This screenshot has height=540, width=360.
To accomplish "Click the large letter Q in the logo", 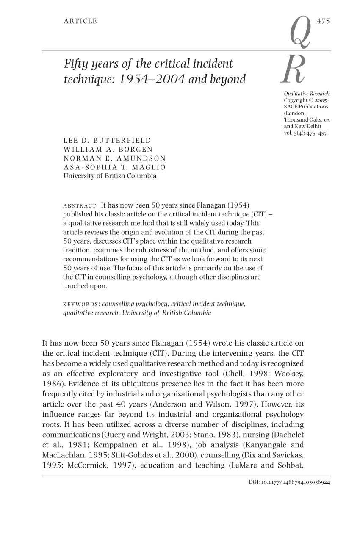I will pos(300,31).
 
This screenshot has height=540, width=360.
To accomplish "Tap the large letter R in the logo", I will pos(292,70).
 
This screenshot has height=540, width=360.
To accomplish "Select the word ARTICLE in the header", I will pos(80,21).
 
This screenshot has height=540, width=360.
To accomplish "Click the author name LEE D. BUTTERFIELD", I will pos(107,141).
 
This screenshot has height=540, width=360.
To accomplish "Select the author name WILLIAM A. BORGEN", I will pos(108,150).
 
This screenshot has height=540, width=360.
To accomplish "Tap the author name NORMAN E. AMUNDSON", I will pos(115,158).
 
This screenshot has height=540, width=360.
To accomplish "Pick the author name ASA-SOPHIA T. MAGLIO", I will pos(115,167).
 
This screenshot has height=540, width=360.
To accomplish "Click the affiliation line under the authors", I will pos(110,176).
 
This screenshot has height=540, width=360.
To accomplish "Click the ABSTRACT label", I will pos(80,206).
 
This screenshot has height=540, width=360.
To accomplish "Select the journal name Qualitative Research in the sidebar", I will pos(307,94).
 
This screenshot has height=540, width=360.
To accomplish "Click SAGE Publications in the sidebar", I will pos(306,107).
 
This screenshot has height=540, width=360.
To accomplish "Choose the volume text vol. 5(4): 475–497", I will pos(306,133).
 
